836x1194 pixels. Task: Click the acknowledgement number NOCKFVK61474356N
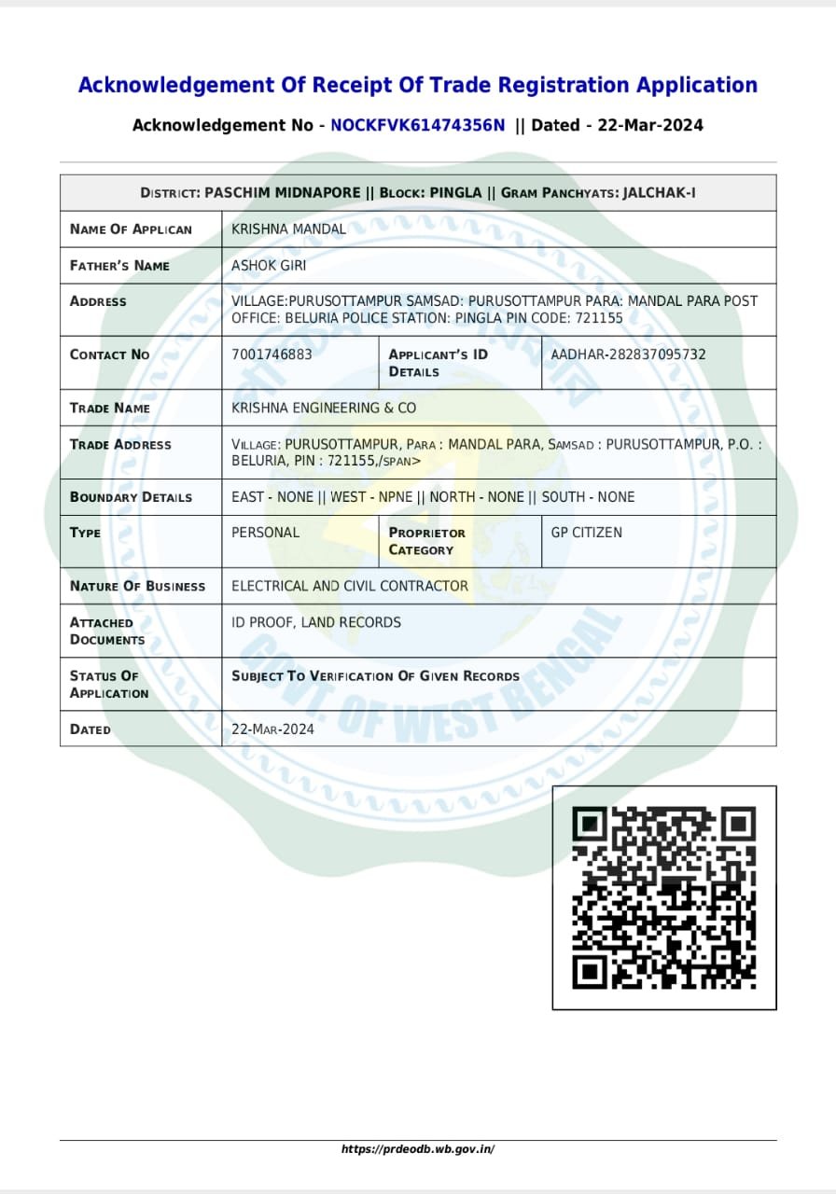pos(418,125)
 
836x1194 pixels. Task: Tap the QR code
pos(663,897)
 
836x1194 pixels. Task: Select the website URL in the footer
pos(418,1149)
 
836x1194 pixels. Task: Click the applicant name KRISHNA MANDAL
pos(288,229)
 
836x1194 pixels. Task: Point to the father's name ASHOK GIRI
pos(269,266)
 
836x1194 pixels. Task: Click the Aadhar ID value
pos(628,354)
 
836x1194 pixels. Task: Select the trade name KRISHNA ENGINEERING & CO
pos(324,409)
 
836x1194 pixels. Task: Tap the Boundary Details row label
pos(131,497)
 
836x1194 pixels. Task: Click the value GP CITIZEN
pos(586,533)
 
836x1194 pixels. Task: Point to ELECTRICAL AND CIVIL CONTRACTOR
pos(350,586)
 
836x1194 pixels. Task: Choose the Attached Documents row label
pos(107,631)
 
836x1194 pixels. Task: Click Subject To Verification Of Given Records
pos(375,676)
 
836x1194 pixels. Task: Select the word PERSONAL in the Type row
pos(265,533)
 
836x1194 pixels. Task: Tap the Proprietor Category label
pos(427,541)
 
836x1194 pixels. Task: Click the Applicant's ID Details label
pos(438,363)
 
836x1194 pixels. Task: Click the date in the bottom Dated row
pos(272,729)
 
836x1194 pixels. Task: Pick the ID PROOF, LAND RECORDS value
pos(316,622)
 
